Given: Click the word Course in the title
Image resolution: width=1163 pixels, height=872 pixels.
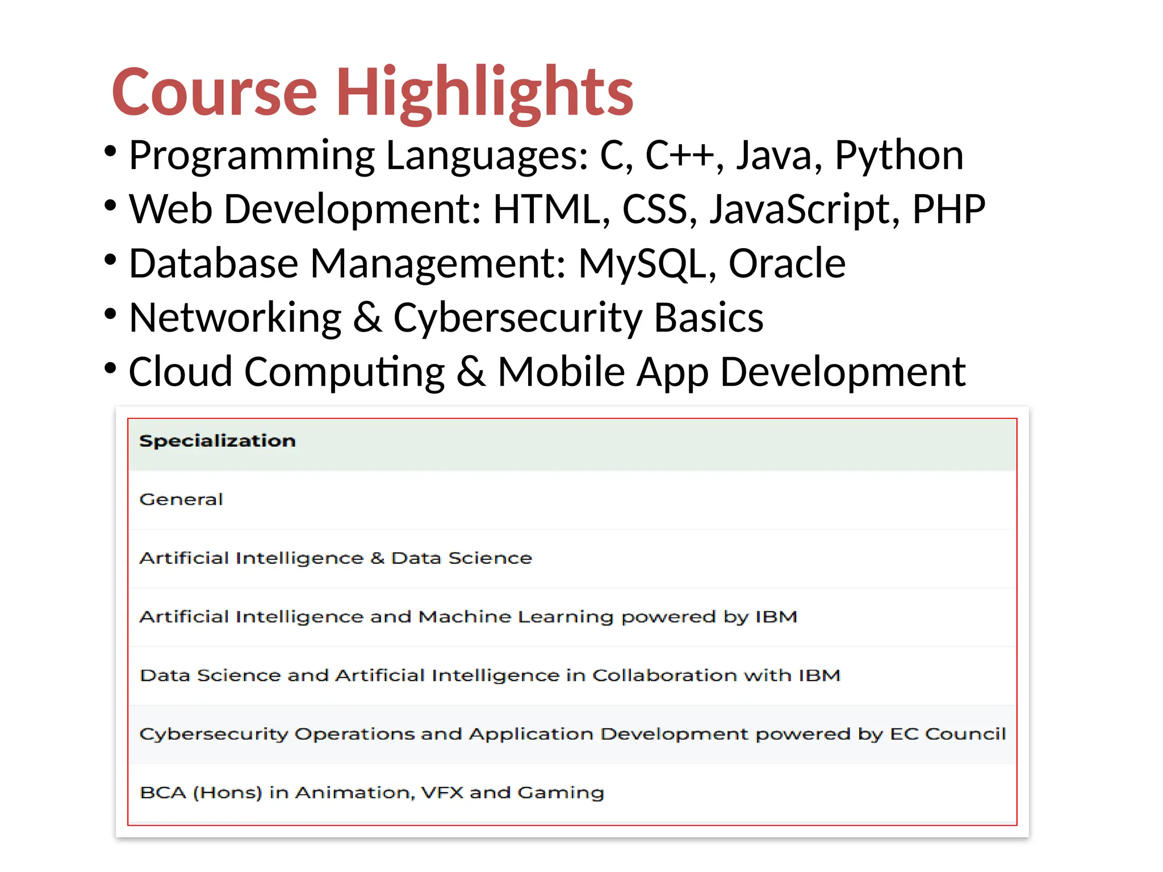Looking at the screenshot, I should [214, 92].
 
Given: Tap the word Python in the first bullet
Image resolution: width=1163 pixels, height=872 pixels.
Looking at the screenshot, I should [898, 155].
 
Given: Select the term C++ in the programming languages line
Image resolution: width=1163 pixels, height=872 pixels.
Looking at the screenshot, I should [679, 155].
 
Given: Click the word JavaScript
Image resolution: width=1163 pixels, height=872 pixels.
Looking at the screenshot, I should [805, 209].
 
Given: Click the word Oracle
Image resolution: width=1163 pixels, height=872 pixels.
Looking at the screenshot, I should [787, 264].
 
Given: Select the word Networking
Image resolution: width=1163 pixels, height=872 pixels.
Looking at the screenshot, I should [235, 318].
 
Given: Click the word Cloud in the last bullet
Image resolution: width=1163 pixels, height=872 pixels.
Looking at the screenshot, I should [181, 372].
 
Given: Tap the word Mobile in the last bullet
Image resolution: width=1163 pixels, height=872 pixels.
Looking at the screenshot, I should [561, 372].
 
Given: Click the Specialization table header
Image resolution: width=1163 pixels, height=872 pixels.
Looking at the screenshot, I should [217, 441].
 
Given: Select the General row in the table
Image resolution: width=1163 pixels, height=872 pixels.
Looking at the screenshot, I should [181, 500].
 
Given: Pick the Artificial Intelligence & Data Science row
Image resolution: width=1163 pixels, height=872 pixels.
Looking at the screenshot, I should [336, 558].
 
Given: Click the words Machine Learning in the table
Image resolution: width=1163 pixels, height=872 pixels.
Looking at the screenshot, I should [516, 617].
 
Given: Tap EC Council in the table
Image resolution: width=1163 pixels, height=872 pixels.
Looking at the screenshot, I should [947, 734].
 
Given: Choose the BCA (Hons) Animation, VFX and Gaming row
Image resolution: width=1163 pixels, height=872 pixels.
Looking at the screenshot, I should [372, 793].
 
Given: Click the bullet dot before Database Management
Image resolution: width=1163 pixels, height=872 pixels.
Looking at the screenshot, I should [110, 261].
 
